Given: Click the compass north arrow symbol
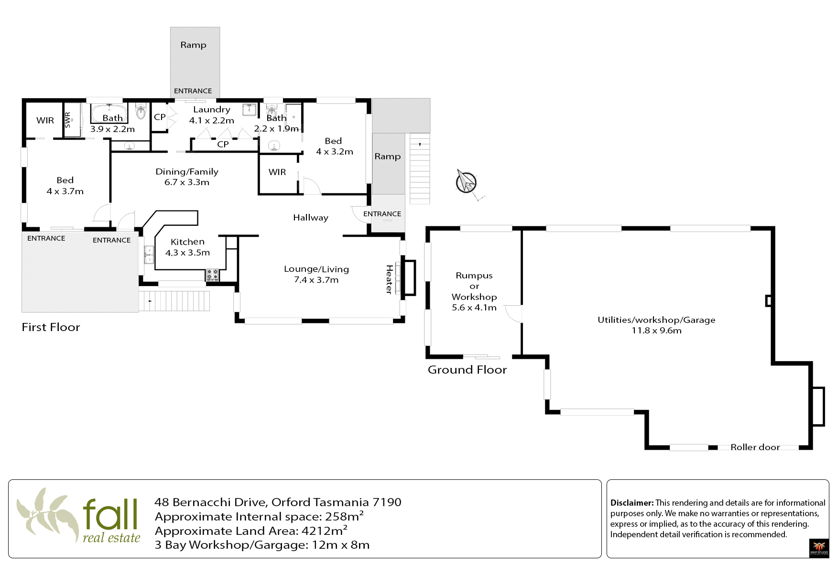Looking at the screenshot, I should point(466,182).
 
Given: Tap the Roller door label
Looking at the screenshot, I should point(755,447).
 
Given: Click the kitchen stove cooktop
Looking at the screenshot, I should point(212,275).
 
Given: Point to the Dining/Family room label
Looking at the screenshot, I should point(187,172).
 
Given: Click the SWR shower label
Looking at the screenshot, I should point(67,120).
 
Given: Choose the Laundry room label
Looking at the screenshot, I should point(211,110).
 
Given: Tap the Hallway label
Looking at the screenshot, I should point(311,218).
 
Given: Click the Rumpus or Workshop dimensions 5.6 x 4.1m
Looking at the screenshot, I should point(474,308).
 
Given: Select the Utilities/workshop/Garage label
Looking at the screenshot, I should point(656,320).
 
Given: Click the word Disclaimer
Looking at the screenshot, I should point(631,503).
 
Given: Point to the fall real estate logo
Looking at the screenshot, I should point(79,515).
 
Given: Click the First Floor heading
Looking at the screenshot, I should point(51,327).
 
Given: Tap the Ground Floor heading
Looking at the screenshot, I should point(467,370).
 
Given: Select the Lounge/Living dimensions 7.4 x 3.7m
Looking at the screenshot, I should point(316,280).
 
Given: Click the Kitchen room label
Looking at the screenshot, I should point(187,242).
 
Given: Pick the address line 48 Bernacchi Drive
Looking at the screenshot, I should point(278,502).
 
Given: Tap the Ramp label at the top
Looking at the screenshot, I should point(193,45).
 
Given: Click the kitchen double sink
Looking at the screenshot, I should point(149,255).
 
